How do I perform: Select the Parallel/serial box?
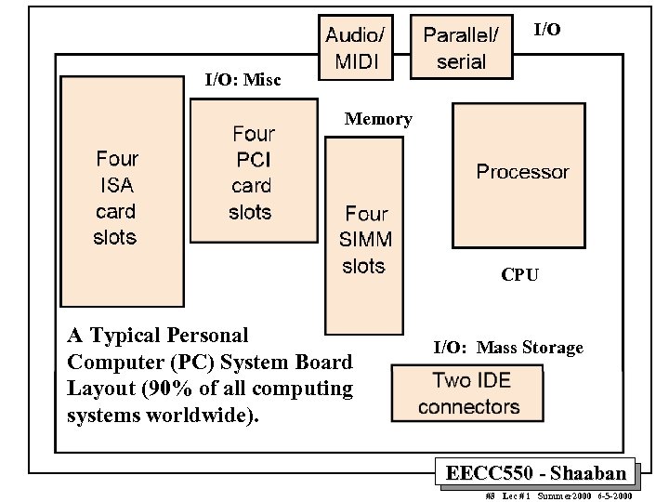click(x=461, y=48)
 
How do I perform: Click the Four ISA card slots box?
click(x=115, y=198)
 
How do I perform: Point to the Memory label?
click(x=378, y=119)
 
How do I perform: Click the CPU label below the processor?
click(x=519, y=275)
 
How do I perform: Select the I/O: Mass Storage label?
click(x=508, y=348)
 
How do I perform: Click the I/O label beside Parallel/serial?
click(x=547, y=31)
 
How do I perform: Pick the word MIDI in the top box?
click(x=354, y=64)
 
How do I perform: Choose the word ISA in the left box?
click(x=116, y=185)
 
